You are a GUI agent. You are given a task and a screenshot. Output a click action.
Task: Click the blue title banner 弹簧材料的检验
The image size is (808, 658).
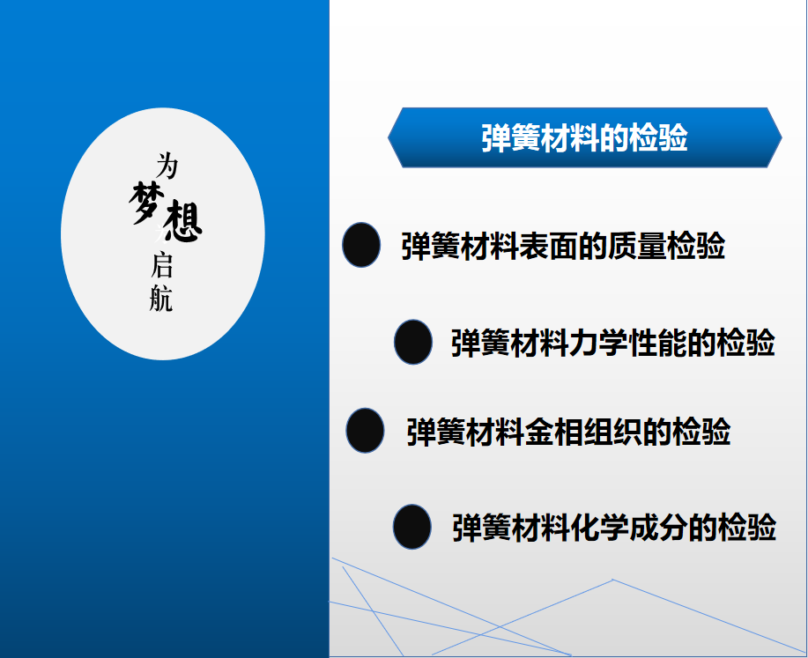point(585,137)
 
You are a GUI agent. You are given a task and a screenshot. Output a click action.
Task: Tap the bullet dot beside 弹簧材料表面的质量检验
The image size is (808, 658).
point(361,245)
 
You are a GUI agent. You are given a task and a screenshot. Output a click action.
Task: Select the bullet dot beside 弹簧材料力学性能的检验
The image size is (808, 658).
point(412,342)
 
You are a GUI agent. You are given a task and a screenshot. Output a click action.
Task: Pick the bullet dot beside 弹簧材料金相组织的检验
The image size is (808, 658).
point(365,430)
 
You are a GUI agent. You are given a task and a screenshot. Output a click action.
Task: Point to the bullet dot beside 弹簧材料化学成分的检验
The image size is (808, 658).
point(411,527)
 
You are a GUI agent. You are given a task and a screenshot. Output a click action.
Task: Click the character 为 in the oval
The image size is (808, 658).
point(167,166)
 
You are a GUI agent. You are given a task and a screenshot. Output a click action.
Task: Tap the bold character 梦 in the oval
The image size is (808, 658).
point(146,203)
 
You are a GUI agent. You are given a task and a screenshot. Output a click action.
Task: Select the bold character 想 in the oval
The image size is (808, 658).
point(182,222)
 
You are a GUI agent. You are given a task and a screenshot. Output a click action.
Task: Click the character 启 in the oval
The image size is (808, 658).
point(162,265)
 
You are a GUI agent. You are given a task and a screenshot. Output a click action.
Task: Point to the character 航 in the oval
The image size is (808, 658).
point(160,299)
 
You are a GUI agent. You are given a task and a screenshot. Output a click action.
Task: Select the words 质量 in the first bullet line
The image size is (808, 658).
point(637,246)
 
